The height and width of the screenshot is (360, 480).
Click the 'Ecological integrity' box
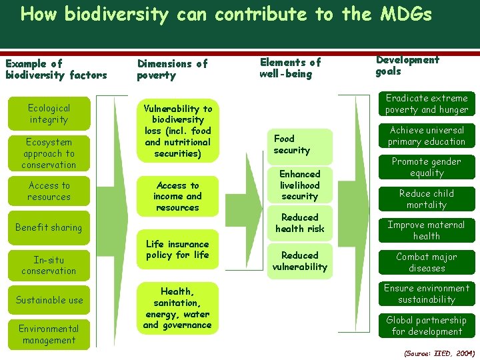click(49, 113)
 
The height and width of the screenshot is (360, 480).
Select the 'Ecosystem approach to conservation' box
click(49, 153)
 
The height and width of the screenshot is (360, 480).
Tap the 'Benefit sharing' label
click(49, 227)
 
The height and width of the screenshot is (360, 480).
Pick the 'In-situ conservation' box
click(49, 265)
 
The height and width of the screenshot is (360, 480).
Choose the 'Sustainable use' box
click(49, 300)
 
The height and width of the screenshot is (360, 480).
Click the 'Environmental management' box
click(49, 334)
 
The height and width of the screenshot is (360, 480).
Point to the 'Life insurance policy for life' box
click(177, 249)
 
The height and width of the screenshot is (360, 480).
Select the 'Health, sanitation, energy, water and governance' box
click(177, 308)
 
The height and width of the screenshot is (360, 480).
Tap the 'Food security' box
click(299, 145)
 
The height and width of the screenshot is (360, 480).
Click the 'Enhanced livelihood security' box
click(300, 185)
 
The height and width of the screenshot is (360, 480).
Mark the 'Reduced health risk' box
click(300, 223)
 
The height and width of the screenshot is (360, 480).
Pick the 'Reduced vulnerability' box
click(300, 261)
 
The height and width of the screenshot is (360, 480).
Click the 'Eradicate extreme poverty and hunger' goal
click(427, 104)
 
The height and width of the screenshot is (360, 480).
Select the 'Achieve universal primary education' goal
click(427, 136)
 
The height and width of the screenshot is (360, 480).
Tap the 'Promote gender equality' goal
click(427, 167)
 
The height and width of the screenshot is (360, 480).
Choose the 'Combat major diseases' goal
click(427, 262)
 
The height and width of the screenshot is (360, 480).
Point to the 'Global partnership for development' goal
click(427, 325)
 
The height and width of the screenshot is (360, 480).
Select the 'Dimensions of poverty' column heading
click(172, 69)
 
